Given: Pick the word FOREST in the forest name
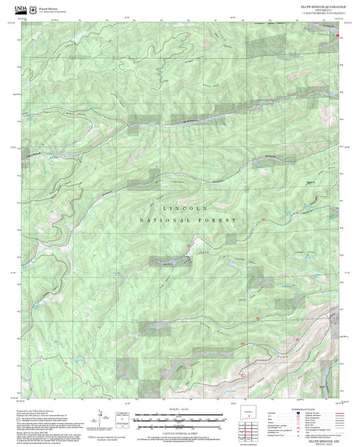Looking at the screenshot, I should (x=218, y=221).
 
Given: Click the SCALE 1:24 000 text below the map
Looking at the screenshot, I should (x=179, y=409).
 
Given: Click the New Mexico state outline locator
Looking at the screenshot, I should (x=251, y=413).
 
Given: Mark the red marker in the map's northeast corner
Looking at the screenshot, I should (x=338, y=34).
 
